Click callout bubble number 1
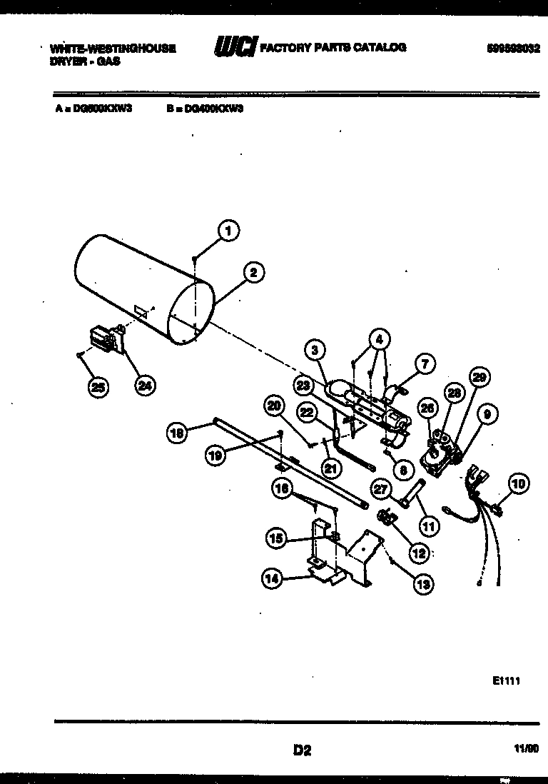[x=228, y=231]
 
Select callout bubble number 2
[x=253, y=271]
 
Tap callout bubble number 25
[x=97, y=387]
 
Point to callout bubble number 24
[x=145, y=386]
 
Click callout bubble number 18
[x=178, y=432]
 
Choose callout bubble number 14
[x=271, y=580]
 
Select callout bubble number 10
[x=519, y=484]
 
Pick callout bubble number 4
[x=380, y=337]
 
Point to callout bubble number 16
[x=283, y=488]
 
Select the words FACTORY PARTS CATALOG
[x=333, y=48]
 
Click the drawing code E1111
[x=506, y=681]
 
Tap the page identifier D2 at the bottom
[x=302, y=750]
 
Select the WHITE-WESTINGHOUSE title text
[x=112, y=49]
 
